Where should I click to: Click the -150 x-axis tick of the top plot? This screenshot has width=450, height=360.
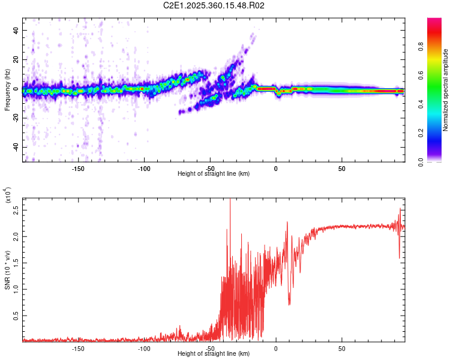78,169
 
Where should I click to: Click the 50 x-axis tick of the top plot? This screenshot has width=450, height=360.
341,169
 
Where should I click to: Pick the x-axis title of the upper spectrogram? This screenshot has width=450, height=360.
214,174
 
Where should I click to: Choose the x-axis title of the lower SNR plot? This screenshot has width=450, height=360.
214,353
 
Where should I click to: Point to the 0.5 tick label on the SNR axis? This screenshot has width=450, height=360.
16,314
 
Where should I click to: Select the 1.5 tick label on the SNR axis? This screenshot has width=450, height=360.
16,263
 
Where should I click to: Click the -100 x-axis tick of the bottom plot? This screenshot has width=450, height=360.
144,348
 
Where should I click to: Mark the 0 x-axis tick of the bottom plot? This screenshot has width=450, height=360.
275,348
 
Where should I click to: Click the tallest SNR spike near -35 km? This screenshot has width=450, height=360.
230,200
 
